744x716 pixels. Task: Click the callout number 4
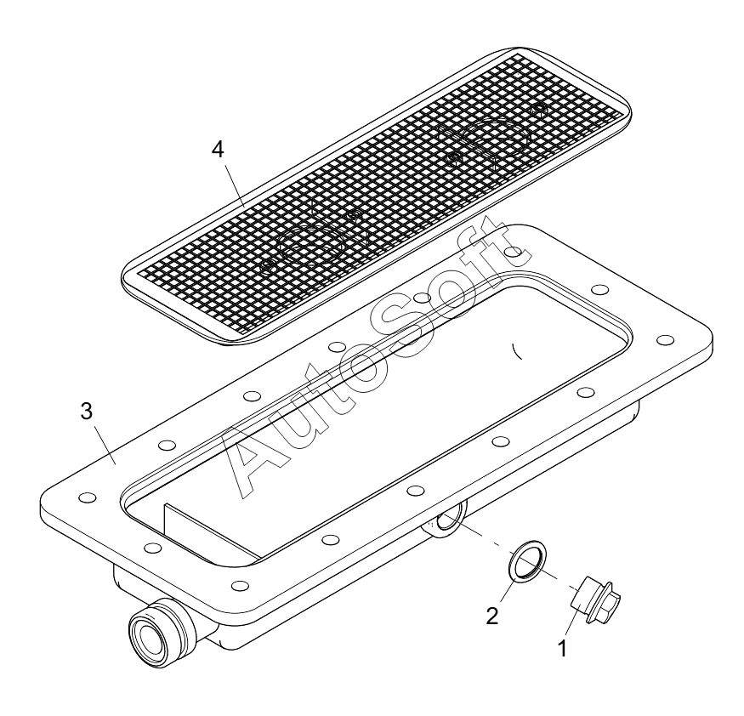point(218,150)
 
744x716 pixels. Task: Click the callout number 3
point(87,412)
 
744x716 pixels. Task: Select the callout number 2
point(492,616)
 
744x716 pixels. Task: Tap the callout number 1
point(562,649)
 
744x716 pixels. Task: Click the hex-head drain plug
point(595,600)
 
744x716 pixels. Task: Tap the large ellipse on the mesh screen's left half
point(311,243)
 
